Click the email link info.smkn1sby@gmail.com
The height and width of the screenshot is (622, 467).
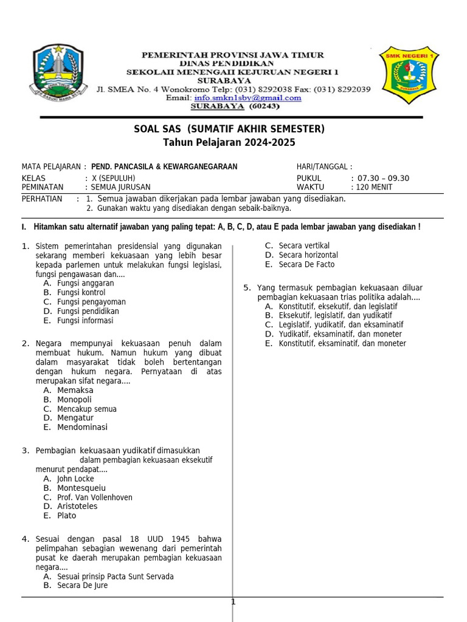click(248, 97)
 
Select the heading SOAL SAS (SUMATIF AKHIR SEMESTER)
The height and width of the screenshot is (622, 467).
click(229, 129)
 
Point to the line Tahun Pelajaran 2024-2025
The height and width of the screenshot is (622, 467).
click(229, 143)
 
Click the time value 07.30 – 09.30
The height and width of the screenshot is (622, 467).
click(382, 178)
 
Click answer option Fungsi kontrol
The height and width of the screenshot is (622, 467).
click(81, 293)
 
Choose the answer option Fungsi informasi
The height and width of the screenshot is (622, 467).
click(85, 321)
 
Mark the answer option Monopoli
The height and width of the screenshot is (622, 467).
click(74, 400)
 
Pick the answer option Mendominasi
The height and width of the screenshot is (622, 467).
click(82, 427)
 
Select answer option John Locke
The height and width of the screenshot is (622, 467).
click(75, 479)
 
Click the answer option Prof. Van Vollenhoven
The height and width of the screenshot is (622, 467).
click(94, 497)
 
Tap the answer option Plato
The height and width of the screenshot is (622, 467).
click(67, 516)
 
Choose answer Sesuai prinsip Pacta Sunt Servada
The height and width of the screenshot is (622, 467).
click(115, 576)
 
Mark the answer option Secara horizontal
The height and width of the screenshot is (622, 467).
click(308, 255)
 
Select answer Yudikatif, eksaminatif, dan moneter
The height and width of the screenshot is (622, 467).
click(340, 334)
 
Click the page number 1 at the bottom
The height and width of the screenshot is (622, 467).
click(232, 602)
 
